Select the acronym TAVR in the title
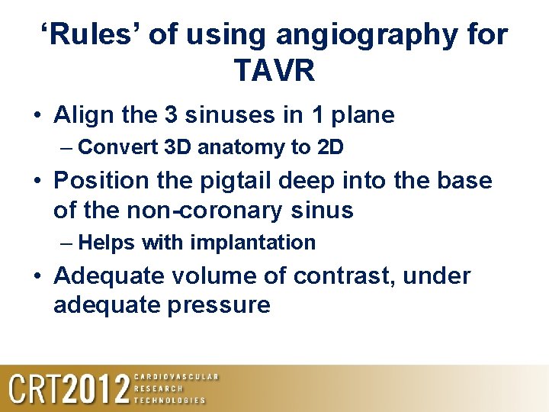[274, 72]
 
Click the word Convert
[119, 146]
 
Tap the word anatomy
[242, 147]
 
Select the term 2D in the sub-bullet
[329, 146]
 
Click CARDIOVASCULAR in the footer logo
[176, 377]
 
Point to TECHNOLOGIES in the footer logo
[169, 400]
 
